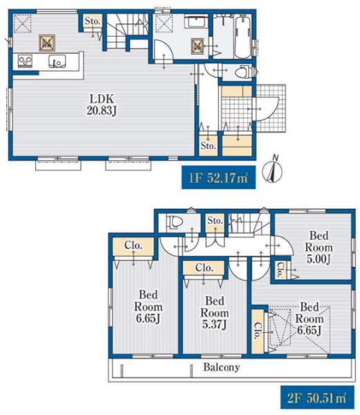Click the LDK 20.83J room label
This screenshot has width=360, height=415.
tap(102, 104)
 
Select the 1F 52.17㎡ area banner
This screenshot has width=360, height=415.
tap(218, 177)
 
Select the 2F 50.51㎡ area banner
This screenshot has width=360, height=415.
tap(317, 398)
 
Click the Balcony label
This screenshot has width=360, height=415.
tap(222, 367)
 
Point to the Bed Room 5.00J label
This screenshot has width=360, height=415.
tap(319, 248)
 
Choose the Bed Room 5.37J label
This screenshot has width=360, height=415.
tap(214, 313)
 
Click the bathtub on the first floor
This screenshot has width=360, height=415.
tap(243, 36)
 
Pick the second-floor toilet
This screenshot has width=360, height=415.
tap(174, 221)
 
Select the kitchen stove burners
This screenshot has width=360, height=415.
tap(25, 61)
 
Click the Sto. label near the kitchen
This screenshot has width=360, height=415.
tap(93, 21)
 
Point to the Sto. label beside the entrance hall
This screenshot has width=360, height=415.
tap(208, 145)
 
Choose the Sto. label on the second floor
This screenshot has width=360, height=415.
tap(215, 220)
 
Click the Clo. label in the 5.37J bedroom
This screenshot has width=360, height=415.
tap(204, 268)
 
